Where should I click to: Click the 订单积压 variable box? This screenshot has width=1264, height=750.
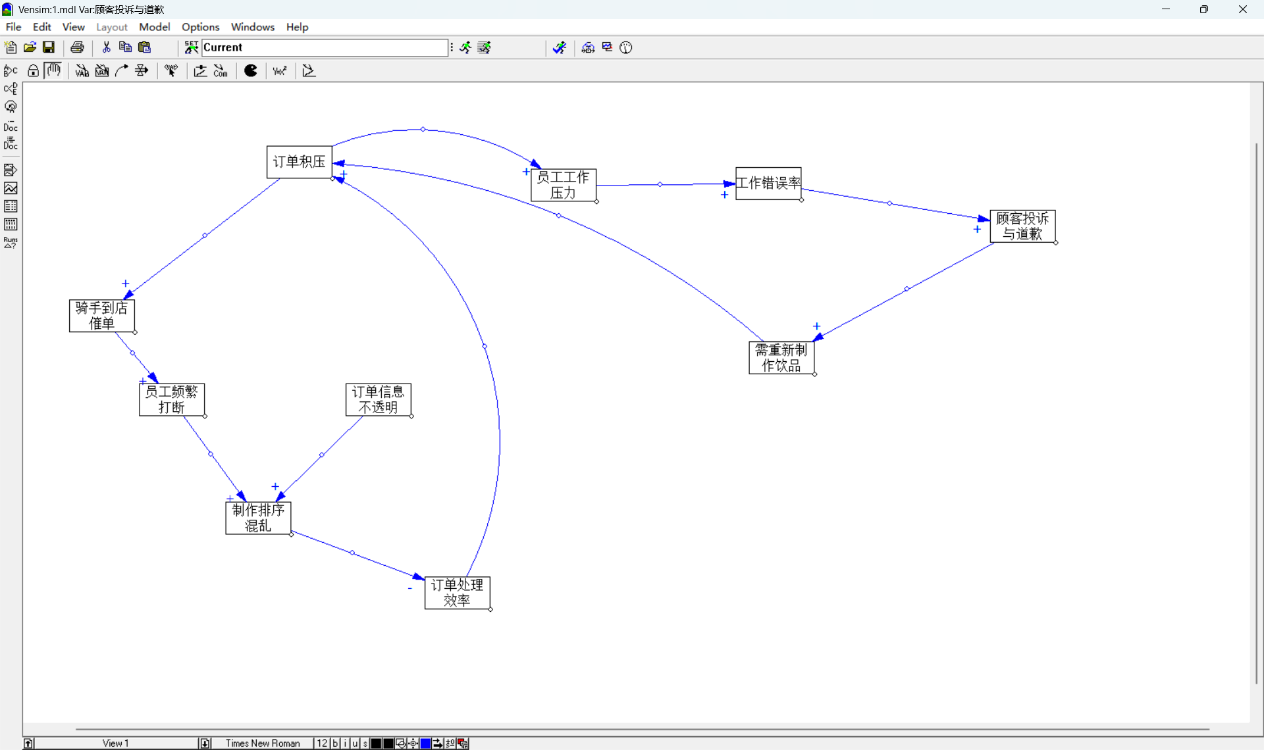[300, 162]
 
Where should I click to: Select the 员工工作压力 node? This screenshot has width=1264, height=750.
[564, 185]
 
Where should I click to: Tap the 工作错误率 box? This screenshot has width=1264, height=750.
[768, 183]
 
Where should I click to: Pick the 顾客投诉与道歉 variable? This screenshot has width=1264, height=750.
[1022, 226]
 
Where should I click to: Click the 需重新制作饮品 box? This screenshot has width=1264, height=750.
[781, 358]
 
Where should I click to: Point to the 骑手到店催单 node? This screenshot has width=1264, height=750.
[102, 316]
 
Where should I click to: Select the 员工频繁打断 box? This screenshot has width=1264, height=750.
[172, 400]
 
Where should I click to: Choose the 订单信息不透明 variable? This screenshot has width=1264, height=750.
[379, 400]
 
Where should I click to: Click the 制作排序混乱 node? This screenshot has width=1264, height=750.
[258, 518]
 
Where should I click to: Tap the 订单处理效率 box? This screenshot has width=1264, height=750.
[458, 593]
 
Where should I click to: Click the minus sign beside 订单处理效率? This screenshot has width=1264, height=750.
[410, 588]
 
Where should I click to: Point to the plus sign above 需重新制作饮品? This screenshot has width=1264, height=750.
[817, 326]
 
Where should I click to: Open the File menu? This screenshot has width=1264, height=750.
[13, 27]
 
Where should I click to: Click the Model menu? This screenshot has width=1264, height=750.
[155, 27]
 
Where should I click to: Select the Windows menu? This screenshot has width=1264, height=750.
[253, 27]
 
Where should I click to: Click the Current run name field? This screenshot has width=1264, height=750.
[325, 47]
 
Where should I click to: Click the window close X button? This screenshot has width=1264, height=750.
[1243, 9]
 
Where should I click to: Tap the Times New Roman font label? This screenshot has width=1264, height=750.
[263, 743]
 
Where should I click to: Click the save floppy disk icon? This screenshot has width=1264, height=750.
[49, 47]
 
